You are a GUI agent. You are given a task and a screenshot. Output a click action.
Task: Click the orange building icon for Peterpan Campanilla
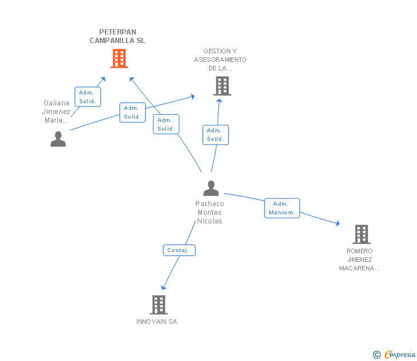(119, 58)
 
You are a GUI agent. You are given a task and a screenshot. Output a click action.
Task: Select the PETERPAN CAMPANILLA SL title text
(117, 36)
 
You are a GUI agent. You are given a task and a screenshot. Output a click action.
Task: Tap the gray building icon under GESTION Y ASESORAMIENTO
(222, 86)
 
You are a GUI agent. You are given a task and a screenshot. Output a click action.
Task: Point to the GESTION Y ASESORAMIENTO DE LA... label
(220, 60)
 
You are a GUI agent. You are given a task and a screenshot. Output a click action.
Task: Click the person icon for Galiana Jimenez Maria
(58, 139)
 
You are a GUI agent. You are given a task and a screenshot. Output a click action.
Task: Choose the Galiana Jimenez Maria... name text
(57, 112)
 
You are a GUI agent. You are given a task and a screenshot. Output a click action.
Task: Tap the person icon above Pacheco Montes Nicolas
(211, 188)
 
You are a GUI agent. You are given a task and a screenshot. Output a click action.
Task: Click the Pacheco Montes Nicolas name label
(210, 212)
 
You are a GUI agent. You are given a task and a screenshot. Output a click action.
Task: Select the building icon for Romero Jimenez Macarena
(361, 234)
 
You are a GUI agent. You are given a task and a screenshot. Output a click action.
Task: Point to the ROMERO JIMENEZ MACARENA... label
(360, 260)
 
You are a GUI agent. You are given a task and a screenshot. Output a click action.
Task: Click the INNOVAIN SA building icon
(159, 304)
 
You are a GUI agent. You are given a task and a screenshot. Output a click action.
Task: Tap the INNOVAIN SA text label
(157, 321)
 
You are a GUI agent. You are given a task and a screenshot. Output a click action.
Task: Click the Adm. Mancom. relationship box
(281, 208)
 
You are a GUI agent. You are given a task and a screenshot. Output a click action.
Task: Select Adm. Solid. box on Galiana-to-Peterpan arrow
(88, 96)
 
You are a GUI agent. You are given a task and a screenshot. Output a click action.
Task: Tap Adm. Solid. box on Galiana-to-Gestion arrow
(132, 112)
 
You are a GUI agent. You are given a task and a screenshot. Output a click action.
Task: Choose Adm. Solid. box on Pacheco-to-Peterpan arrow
(166, 124)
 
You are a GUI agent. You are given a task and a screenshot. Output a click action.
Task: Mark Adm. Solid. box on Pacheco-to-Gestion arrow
(215, 135)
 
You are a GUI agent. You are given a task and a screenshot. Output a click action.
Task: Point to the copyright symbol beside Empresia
(376, 355)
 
